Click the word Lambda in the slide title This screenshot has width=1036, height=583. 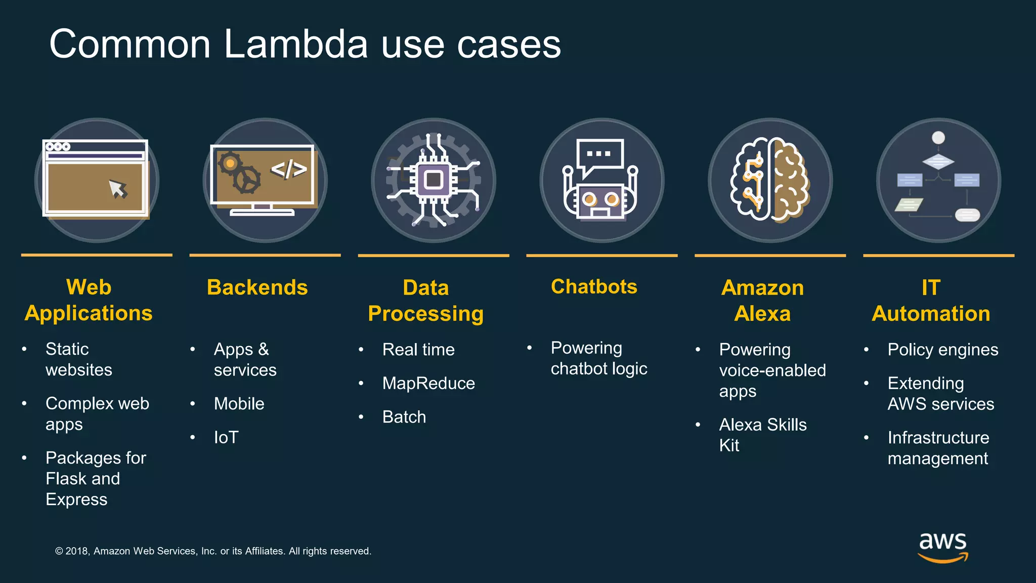(295, 45)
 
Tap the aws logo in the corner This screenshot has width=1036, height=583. (942, 547)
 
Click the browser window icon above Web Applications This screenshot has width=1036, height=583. (96, 180)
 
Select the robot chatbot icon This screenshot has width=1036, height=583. (601, 181)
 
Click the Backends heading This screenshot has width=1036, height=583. (257, 287)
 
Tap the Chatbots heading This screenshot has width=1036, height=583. (594, 287)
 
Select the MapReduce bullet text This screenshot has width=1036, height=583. (428, 384)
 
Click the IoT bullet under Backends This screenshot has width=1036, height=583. (226, 438)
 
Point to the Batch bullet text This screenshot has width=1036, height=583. (404, 417)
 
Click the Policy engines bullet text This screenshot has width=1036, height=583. (943, 350)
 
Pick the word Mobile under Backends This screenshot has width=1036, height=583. (239, 404)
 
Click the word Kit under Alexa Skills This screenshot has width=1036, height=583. (729, 445)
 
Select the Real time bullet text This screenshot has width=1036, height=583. (418, 350)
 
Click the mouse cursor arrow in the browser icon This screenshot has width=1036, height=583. (118, 189)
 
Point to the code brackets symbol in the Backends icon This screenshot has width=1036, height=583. (289, 170)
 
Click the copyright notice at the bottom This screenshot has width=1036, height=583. (213, 551)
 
